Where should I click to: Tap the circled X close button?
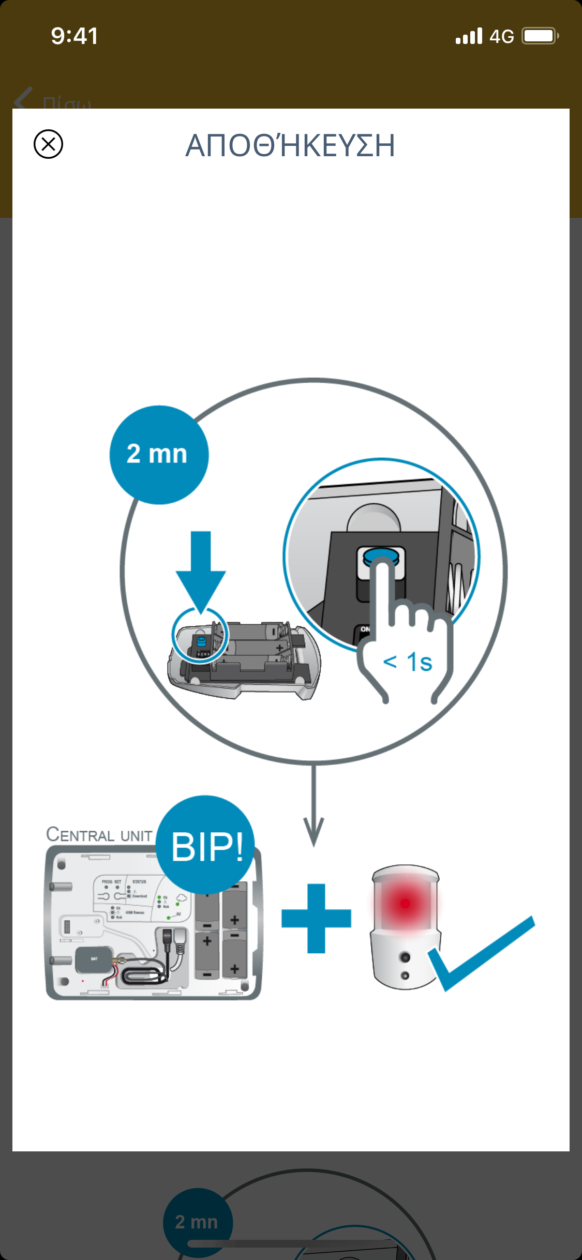pyautogui.click(x=48, y=144)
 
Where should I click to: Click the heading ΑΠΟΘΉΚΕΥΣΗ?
pyautogui.click(x=290, y=145)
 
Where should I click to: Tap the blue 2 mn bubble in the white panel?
pyautogui.click(x=159, y=455)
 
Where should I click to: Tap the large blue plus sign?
pyautogui.click(x=316, y=918)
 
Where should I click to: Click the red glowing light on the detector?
pyautogui.click(x=405, y=903)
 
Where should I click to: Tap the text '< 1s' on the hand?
pyautogui.click(x=408, y=662)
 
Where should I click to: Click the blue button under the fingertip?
pyautogui.click(x=382, y=556)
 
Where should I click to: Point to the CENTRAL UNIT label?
pyautogui.click(x=99, y=834)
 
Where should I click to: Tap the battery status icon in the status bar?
pyautogui.click(x=540, y=36)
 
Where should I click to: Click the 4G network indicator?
pyautogui.click(x=501, y=36)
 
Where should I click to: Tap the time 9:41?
pyautogui.click(x=74, y=36)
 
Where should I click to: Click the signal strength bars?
pyautogui.click(x=469, y=36)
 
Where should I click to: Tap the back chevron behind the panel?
pyautogui.click(x=23, y=98)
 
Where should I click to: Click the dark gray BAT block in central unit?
pyautogui.click(x=94, y=959)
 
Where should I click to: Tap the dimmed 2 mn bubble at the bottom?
pyautogui.click(x=197, y=1222)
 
